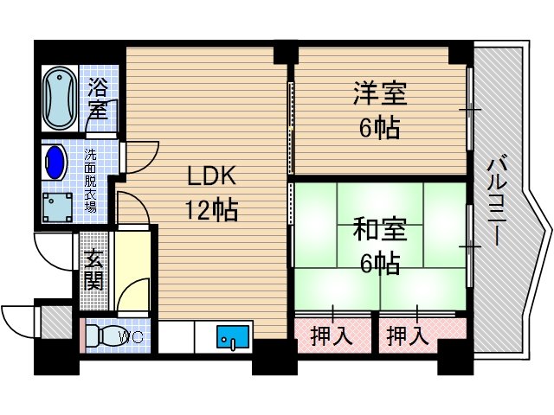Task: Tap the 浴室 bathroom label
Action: (x=98, y=99)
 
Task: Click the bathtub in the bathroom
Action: (x=60, y=96)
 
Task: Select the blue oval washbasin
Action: (x=55, y=162)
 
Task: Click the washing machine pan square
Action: (x=59, y=207)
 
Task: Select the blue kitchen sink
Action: (x=233, y=335)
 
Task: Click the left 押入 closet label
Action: (x=332, y=335)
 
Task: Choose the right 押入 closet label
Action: (x=408, y=335)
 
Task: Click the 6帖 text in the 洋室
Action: (x=378, y=128)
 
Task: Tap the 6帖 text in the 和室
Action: (x=378, y=263)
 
